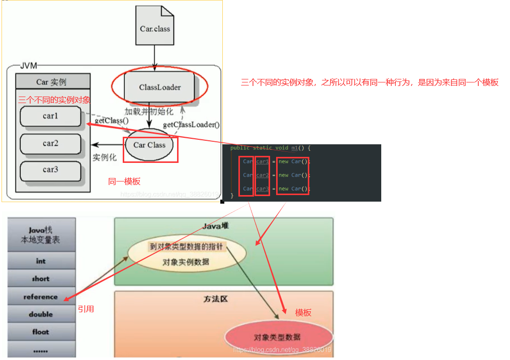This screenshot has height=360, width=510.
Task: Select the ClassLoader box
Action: tap(159, 87)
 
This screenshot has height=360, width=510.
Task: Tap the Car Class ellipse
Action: tap(149, 145)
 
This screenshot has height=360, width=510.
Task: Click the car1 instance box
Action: tap(50, 116)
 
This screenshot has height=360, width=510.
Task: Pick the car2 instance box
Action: tap(50, 143)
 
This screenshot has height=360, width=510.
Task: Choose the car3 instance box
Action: tap(50, 169)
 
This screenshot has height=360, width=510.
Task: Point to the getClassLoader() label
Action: tap(191, 125)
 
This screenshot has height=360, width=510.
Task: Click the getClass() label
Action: tap(111, 121)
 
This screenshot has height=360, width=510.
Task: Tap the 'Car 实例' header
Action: tap(52, 81)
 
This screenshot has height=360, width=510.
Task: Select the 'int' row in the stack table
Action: tap(41, 261)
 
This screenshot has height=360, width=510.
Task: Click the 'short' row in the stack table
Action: tap(41, 279)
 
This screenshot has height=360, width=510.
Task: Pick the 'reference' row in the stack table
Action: tap(41, 297)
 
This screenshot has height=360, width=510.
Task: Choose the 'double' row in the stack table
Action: tap(41, 314)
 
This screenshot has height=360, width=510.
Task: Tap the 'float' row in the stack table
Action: tap(41, 332)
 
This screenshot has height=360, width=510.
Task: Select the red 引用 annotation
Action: tap(86, 309)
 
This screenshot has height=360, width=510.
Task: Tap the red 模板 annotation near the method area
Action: tap(303, 313)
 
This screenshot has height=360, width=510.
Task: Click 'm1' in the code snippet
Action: tap(295, 148)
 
